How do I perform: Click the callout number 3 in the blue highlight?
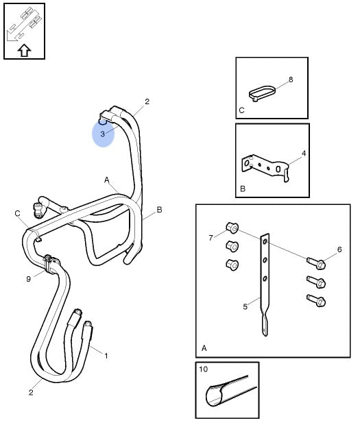102,134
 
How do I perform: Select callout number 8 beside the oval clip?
291,80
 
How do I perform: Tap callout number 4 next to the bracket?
304,154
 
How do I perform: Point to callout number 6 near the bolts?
339,249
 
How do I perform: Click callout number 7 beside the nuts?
211,238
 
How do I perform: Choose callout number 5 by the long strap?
245,306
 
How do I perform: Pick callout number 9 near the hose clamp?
29,279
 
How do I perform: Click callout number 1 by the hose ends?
106,356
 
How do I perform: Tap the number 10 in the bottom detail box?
203,369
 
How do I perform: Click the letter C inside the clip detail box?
241,110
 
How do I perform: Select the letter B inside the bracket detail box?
243,188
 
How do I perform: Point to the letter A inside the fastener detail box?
204,348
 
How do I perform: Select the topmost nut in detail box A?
232,228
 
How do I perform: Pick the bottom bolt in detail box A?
316,300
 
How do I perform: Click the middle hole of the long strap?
265,260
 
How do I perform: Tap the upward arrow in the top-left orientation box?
24,51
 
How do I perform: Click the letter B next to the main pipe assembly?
159,210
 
